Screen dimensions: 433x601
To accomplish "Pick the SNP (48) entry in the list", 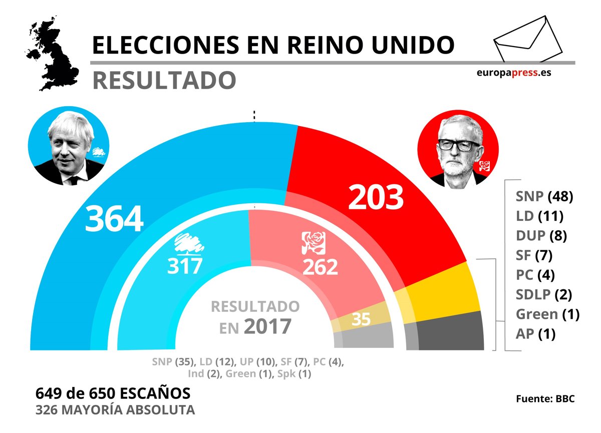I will click(544, 196).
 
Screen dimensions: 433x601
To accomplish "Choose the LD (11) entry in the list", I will click(540, 216).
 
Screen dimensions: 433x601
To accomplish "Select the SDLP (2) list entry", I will click(544, 294).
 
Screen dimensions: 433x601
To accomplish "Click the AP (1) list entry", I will click(535, 334).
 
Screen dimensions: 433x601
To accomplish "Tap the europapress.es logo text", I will click(514, 72).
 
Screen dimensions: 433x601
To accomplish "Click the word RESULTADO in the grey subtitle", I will click(164, 80).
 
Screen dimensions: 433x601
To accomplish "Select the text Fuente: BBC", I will click(545, 399).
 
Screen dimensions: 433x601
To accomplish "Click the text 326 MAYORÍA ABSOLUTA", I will click(115, 410).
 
